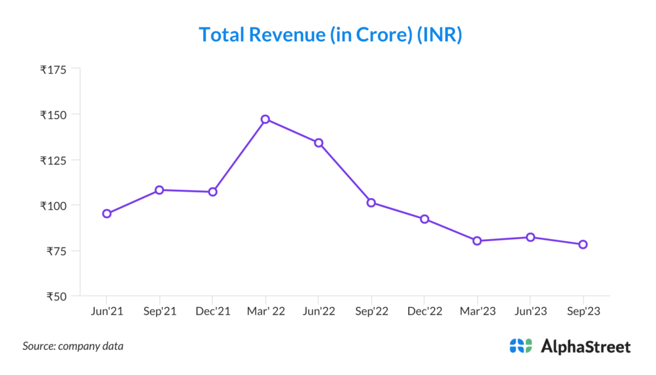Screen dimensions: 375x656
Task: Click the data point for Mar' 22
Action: (x=265, y=119)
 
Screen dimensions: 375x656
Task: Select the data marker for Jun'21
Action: (x=107, y=213)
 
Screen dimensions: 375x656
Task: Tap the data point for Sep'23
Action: (x=583, y=244)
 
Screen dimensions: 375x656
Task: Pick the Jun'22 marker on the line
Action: (x=318, y=143)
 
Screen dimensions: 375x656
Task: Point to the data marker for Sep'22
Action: (x=371, y=203)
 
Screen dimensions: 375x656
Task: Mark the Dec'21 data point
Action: (x=213, y=192)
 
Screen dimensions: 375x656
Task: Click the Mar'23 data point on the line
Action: (x=477, y=241)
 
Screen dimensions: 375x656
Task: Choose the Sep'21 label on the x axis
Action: (x=160, y=311)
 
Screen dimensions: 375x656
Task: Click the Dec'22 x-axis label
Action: (x=424, y=311)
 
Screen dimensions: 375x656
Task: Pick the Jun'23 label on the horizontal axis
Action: (x=530, y=311)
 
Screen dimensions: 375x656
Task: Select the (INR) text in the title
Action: (x=439, y=35)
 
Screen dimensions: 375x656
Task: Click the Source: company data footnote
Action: (x=73, y=346)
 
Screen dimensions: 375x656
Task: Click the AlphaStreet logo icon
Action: (x=521, y=346)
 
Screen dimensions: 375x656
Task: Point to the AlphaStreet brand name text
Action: (x=586, y=347)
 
